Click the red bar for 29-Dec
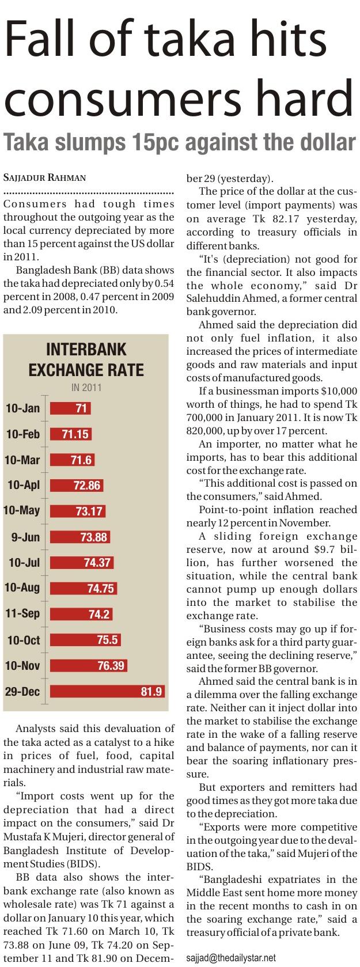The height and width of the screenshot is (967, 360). (x=107, y=691)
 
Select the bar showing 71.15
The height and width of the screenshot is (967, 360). (x=71, y=434)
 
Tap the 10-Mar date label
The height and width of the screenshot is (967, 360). (x=22, y=460)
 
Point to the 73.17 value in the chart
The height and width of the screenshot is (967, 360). (x=89, y=511)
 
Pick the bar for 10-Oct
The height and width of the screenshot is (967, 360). (x=85, y=640)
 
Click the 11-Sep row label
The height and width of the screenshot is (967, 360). (x=22, y=613)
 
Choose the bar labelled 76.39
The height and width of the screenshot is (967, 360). (x=89, y=666)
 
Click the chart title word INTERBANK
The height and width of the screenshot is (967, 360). (x=86, y=350)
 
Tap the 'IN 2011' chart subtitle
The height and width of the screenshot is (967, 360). (x=86, y=388)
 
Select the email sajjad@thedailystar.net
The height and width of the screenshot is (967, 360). (x=232, y=958)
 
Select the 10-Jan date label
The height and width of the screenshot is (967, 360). (x=22, y=408)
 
